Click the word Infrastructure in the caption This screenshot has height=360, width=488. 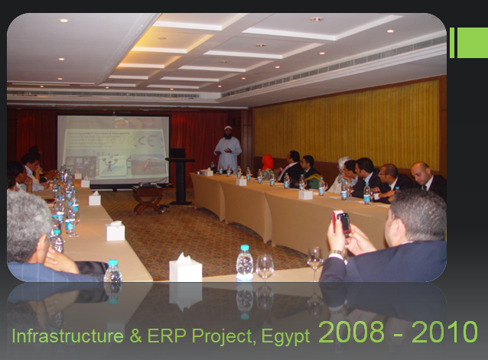click(x=67, y=336)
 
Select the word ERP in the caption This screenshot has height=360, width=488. click(x=166, y=336)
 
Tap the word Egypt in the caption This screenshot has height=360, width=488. click(x=285, y=337)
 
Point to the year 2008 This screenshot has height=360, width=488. click(x=351, y=332)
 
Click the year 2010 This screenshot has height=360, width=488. click(x=444, y=332)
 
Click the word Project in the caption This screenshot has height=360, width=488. click(x=224, y=337)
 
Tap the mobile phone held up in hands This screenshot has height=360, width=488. click(x=342, y=223)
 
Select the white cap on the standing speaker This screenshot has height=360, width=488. click(x=228, y=127)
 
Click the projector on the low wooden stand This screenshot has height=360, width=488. click(x=147, y=185)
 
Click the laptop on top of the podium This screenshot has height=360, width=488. click(x=177, y=153)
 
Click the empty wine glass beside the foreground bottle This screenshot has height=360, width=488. click(x=265, y=267)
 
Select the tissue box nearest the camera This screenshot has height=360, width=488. click(x=186, y=268)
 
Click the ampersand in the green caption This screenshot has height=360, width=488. click(x=135, y=336)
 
